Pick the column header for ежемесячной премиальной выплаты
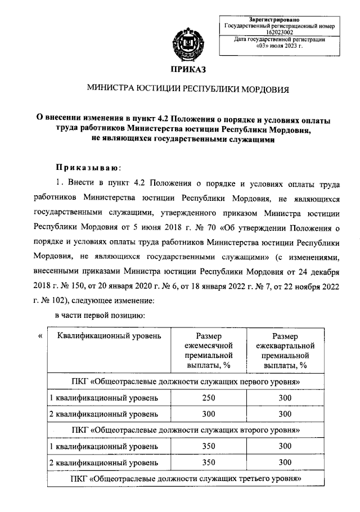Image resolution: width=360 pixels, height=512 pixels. pos(209,351)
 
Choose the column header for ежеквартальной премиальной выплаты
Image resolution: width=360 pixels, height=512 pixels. pos(285,351)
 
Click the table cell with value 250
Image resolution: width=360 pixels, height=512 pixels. pos(209,398)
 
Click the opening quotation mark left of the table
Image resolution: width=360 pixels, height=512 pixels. pos(40,336)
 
